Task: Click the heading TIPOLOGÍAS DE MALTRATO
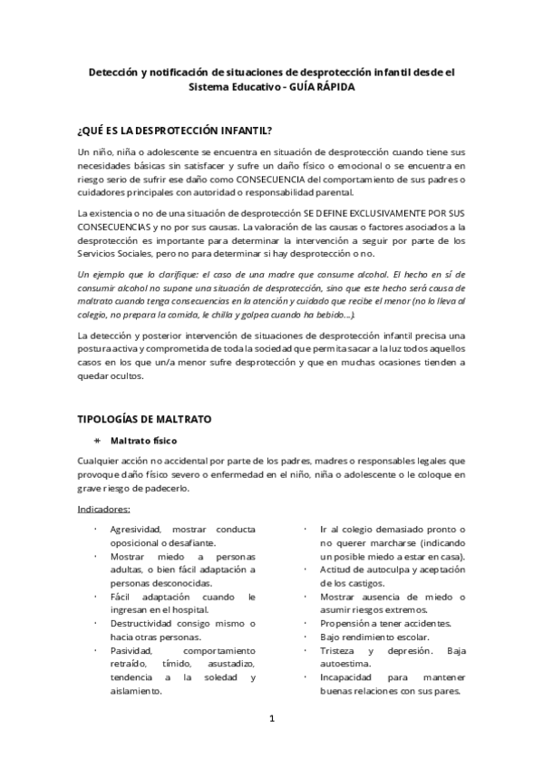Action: click(145, 420)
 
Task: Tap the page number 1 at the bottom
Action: click(271, 719)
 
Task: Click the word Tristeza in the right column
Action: click(342, 651)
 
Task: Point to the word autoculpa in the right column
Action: click(378, 569)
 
